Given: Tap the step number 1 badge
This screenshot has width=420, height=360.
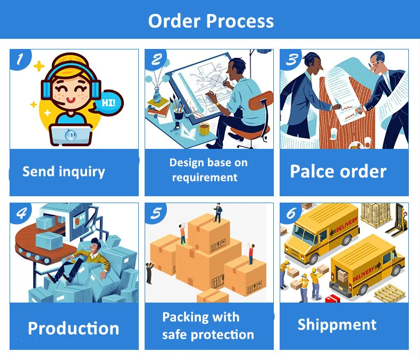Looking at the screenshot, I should [20, 58].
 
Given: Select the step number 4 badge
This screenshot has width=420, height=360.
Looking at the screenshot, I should [20, 213].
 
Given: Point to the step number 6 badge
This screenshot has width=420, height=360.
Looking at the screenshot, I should [291, 213].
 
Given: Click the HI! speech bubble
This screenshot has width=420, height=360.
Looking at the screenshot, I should [108, 102].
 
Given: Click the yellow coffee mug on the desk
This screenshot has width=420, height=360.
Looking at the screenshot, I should [203, 129].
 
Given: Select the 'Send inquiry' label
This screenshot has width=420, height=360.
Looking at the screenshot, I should [64, 172].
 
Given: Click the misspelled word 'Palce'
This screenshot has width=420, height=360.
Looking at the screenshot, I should [314, 171].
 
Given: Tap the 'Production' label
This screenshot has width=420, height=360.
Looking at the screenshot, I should [73, 328].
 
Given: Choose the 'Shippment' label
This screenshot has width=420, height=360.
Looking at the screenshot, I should [337, 324].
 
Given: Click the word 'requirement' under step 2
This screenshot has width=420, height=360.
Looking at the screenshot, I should [205, 178].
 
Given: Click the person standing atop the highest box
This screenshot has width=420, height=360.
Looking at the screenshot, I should [217, 213].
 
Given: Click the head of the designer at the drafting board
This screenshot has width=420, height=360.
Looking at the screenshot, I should [238, 67].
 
